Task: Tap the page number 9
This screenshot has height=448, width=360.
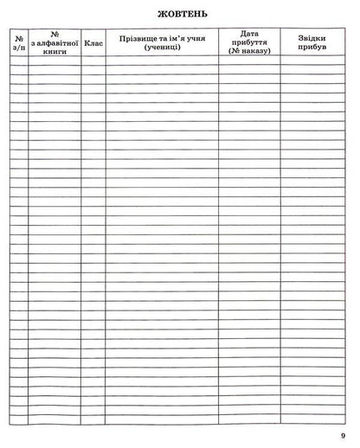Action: (343, 434)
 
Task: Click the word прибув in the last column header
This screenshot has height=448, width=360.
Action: (312, 47)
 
